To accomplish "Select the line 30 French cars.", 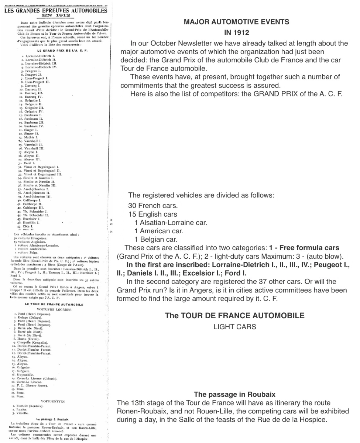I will pos(150,205).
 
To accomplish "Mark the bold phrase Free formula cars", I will pos(309,247).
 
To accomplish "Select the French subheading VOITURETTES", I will pos(54,401).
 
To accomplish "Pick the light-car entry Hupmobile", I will pos(36,375).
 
